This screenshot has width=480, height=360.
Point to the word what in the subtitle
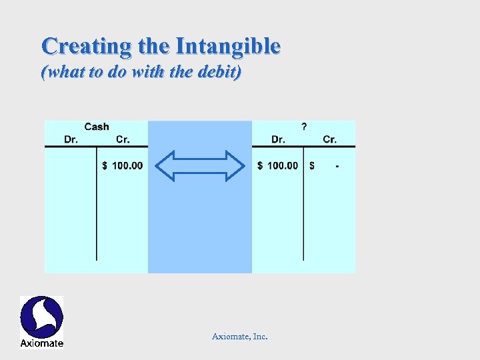coord(65,72)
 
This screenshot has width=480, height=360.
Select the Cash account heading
coord(97,127)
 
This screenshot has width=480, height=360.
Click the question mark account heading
coord(305,127)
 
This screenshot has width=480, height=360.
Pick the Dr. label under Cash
coord(71,139)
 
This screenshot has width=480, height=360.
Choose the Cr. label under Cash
coord(123,139)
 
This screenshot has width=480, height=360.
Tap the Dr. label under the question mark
coord(279,139)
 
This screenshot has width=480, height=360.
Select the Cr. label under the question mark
coord(329,139)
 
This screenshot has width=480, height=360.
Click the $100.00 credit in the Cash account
coord(123,165)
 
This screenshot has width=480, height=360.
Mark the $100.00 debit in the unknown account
coord(278,165)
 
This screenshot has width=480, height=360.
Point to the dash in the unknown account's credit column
coord(337,166)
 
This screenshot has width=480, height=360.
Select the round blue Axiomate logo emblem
coord(41,317)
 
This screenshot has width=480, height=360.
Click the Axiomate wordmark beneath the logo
coord(41,343)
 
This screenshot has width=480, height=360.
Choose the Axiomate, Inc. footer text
coord(240,337)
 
